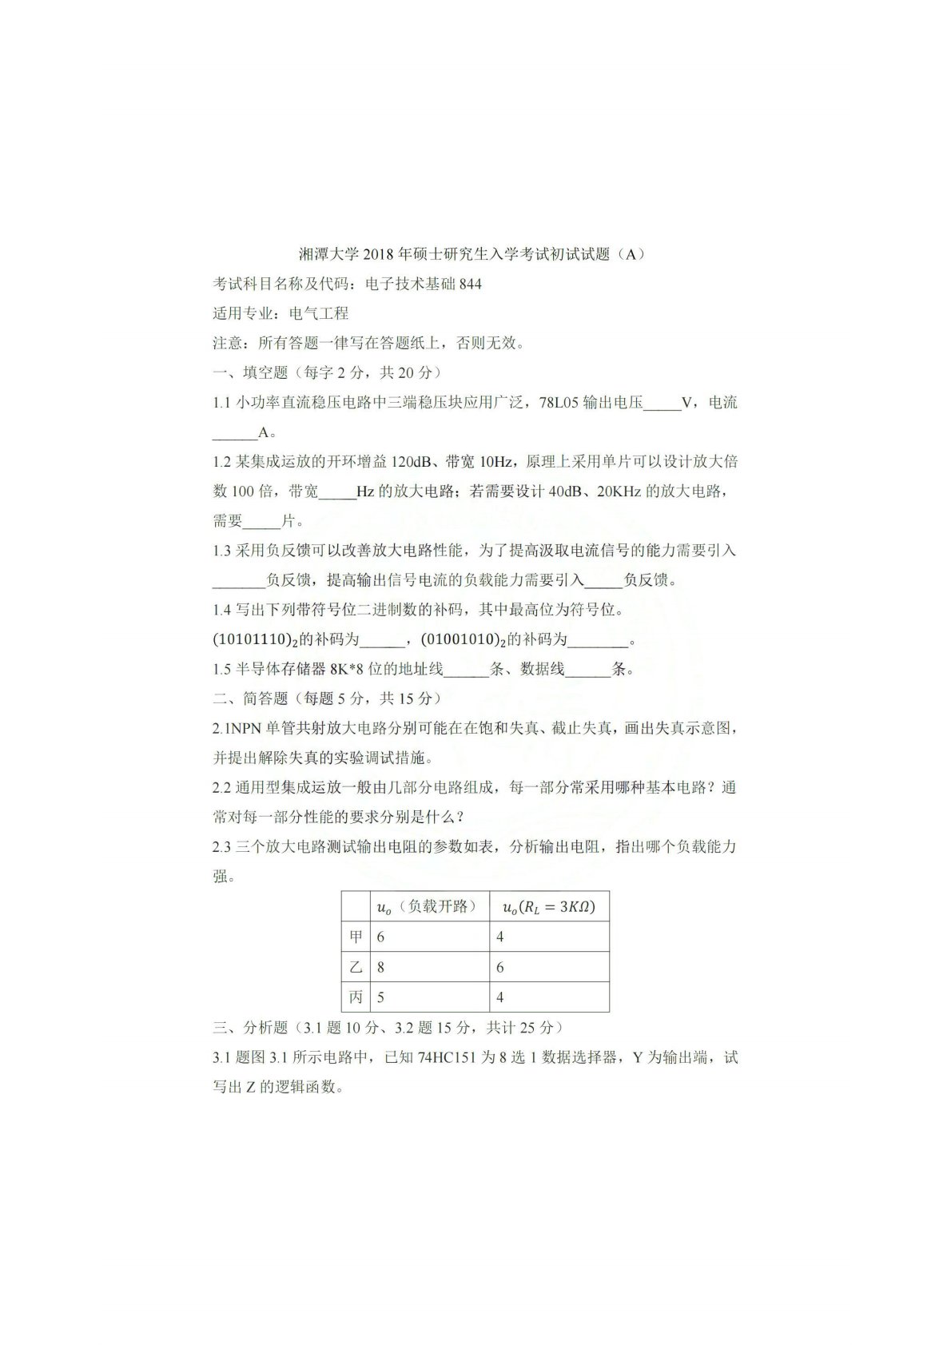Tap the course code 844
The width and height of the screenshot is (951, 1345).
coord(471,284)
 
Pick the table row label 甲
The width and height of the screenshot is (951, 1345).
coord(356,936)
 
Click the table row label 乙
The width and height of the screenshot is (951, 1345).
coord(356,966)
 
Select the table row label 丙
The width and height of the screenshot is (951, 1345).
coord(356,997)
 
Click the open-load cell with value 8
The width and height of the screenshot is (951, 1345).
coord(381,966)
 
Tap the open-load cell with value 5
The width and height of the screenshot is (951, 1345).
coord(381,997)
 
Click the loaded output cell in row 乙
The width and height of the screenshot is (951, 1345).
coord(500,966)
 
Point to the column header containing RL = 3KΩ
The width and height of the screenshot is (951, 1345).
coord(548,906)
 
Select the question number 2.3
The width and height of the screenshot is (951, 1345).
coord(221,846)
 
